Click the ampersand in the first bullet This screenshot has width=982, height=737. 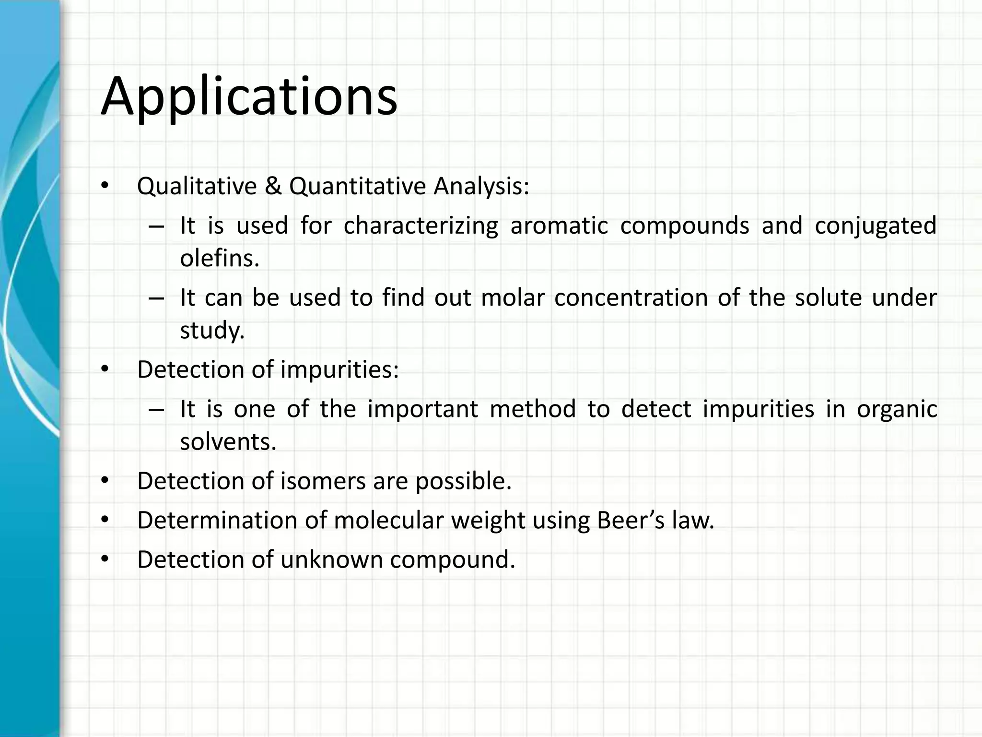click(x=273, y=186)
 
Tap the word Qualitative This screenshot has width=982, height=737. click(x=197, y=186)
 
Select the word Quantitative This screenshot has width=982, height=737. click(x=357, y=186)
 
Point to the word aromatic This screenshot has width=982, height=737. click(x=559, y=226)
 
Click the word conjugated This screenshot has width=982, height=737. click(x=875, y=226)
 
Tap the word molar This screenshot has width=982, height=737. click(x=513, y=297)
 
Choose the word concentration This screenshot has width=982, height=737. click(x=631, y=297)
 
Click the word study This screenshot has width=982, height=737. click(x=212, y=330)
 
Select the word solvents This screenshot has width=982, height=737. click(x=228, y=441)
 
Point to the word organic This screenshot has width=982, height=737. click(x=897, y=410)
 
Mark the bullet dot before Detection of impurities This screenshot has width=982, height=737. click(x=105, y=369)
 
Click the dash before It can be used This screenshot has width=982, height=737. click(x=156, y=298)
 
